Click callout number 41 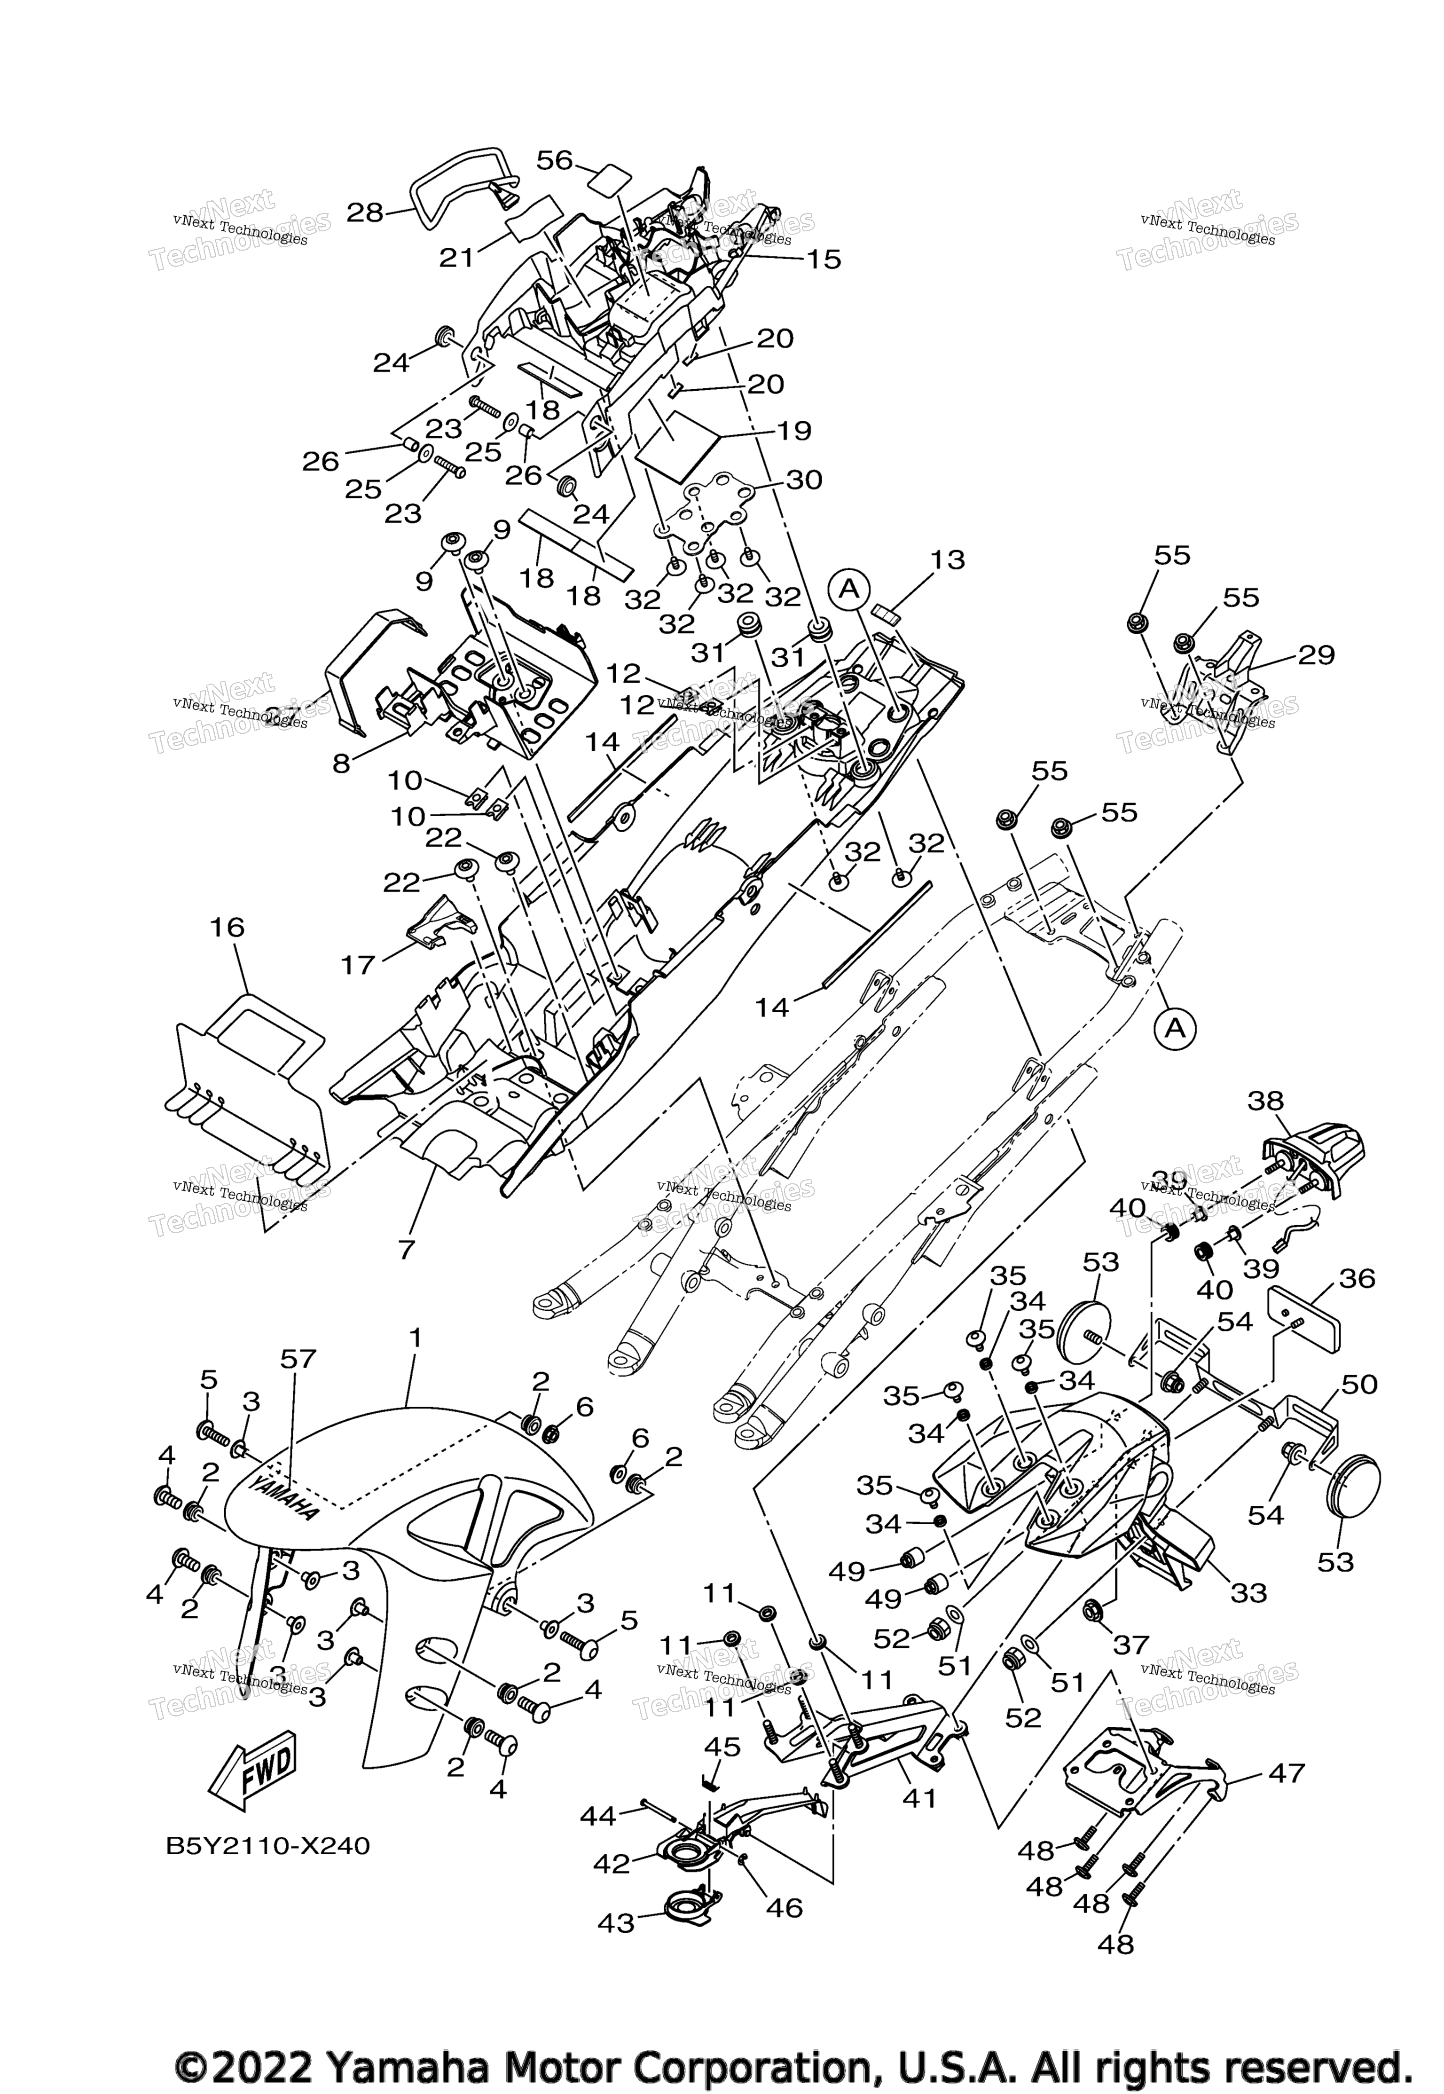click(919, 1798)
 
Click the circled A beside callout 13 click(848, 589)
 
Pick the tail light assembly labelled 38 click(1318, 1148)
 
